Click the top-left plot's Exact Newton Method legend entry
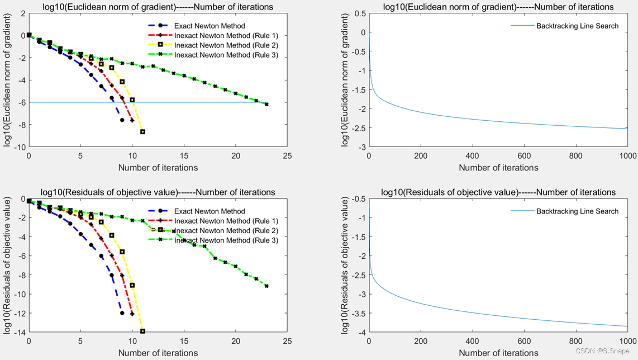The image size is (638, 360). pos(210,26)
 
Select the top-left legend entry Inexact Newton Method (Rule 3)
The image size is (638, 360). pos(226,55)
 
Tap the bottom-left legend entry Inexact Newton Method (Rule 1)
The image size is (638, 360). pos(226,221)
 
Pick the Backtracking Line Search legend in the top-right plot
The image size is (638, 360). pos(577,26)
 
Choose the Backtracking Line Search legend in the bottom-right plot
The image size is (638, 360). pos(577,211)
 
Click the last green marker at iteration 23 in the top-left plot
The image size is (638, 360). pos(266,104)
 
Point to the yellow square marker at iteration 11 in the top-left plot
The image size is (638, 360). pos(142,132)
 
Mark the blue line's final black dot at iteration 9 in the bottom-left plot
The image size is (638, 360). pos(122,313)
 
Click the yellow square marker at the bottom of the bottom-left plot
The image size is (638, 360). pos(142,331)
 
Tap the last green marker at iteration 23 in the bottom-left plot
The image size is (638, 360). pos(266,286)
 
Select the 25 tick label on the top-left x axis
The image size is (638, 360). pos(287,157)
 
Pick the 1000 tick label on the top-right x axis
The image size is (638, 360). pos(627,157)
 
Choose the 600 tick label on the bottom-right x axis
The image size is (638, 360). pos(525,343)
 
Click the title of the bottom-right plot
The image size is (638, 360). pos(498,192)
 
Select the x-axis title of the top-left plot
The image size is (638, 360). pos(158,167)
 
